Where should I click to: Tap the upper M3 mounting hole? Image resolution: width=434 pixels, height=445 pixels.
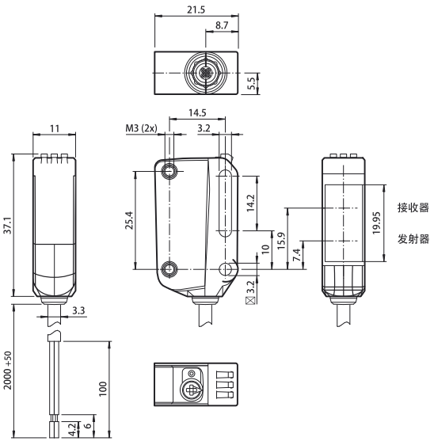pyautogui.click(x=170, y=172)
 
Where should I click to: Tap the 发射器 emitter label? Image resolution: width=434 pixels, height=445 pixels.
pyautogui.click(x=413, y=239)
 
